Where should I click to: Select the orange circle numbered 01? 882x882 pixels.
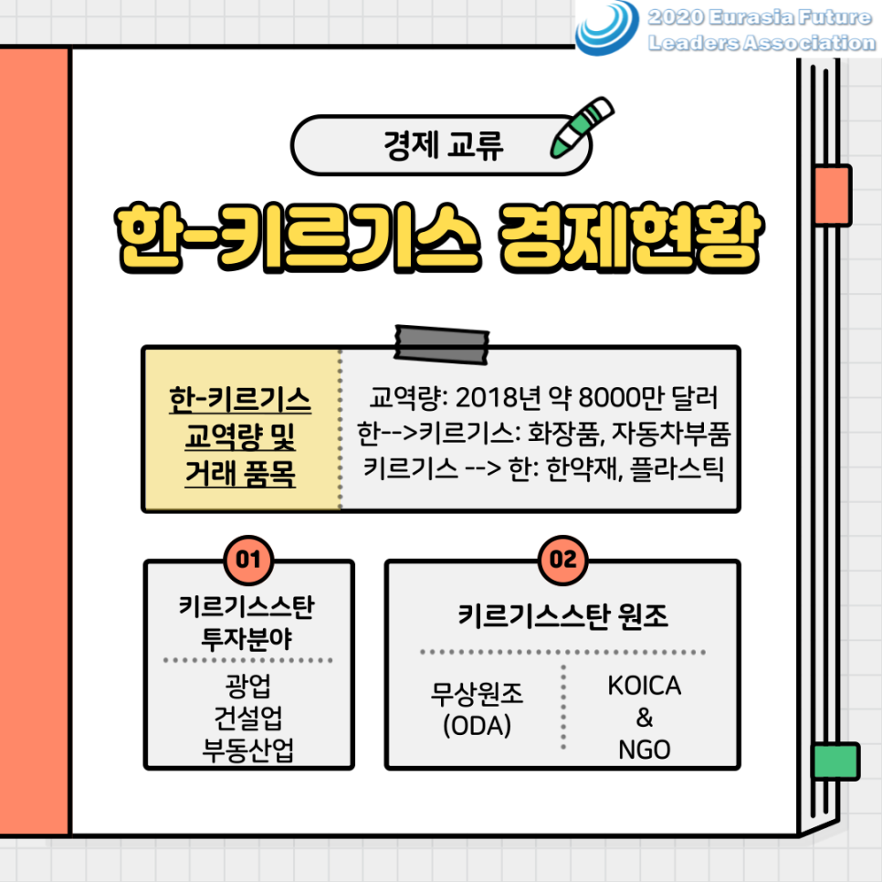click(249, 559)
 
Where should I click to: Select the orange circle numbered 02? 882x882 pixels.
click(563, 559)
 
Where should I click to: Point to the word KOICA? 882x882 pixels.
click(645, 687)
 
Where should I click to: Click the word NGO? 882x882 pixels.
click(644, 750)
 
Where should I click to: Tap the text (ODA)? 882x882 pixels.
click(477, 727)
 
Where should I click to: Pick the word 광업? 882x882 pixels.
click(248, 685)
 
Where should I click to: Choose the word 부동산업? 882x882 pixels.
click(248, 751)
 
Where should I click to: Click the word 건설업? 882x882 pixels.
click(248, 718)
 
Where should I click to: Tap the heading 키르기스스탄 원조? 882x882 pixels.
click(563, 616)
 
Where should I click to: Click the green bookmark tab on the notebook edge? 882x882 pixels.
click(835, 761)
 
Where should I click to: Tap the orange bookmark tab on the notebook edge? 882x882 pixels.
click(832, 194)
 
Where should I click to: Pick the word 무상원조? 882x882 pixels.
click(477, 696)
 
